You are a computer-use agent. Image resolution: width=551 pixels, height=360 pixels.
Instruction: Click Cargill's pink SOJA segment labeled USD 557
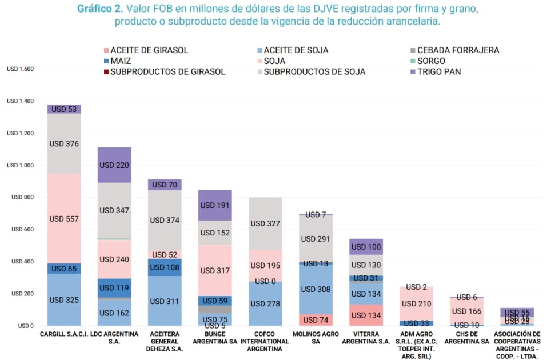click(x=64, y=218)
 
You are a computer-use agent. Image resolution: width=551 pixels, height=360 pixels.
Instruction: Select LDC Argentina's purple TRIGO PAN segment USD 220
click(x=114, y=165)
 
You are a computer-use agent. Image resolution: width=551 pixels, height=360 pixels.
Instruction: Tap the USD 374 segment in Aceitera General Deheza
click(x=165, y=220)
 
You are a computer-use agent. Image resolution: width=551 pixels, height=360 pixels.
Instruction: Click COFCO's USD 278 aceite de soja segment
click(x=265, y=303)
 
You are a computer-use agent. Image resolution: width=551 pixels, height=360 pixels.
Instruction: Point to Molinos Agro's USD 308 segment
click(x=316, y=289)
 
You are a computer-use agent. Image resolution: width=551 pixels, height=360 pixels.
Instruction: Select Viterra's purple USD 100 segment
click(x=366, y=246)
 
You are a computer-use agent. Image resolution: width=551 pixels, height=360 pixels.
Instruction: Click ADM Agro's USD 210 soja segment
click(x=416, y=303)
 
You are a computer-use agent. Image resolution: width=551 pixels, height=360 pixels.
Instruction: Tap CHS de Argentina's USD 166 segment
click(x=466, y=311)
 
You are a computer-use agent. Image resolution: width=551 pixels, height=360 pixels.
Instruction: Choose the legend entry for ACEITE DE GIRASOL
click(x=149, y=50)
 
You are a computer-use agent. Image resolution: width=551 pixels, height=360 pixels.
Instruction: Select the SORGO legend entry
click(x=431, y=61)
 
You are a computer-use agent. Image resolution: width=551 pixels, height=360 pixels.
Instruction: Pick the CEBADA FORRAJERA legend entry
click(x=457, y=50)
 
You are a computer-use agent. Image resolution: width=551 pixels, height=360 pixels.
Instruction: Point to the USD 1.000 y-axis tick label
click(x=21, y=166)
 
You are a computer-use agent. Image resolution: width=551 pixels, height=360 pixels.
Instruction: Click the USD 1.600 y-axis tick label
click(x=21, y=69)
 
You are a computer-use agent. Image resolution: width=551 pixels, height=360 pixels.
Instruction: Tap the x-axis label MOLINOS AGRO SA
click(x=316, y=338)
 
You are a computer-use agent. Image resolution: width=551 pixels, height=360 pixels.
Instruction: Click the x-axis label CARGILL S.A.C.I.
click(x=64, y=334)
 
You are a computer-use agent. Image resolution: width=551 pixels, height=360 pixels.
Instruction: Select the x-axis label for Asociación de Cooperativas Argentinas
click(x=517, y=341)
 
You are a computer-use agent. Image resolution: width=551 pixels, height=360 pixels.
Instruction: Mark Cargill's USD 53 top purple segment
click(x=64, y=109)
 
